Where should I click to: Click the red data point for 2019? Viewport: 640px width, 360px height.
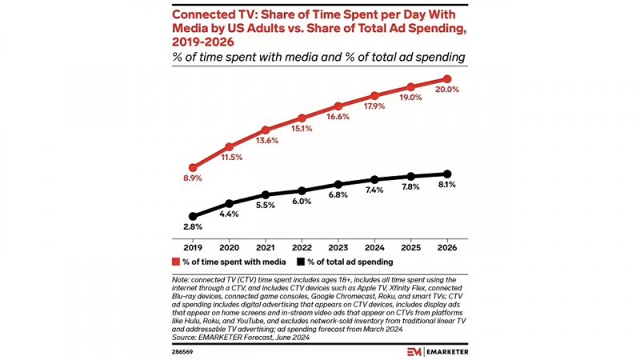click(192, 167)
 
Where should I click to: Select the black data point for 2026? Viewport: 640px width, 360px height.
click(448, 174)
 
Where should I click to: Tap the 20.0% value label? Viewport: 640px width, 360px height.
click(446, 90)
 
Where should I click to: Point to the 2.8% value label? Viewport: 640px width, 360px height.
click(192, 228)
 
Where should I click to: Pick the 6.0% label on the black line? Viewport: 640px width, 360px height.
click(302, 202)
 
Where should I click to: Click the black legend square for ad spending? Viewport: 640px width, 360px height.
click(300, 262)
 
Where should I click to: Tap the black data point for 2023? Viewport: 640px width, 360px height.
click(338, 184)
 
